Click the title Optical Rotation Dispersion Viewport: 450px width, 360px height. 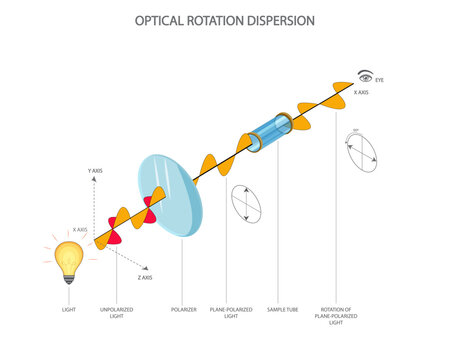coord(225,19)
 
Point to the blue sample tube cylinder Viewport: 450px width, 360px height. coord(267,134)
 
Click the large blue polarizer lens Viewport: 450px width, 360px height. coord(172,195)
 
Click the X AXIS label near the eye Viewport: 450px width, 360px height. coord(361,92)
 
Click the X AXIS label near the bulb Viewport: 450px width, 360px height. coord(81,230)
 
